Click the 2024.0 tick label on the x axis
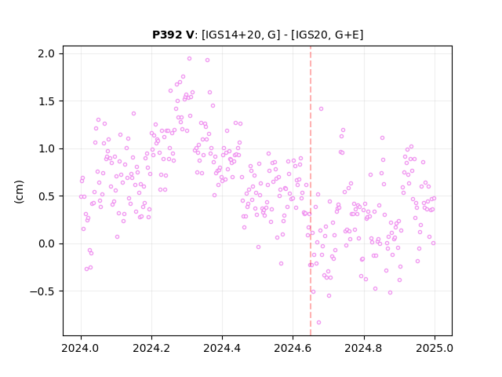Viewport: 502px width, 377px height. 81,348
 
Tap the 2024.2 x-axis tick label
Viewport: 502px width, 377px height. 151,348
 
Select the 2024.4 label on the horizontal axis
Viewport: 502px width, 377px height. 222,348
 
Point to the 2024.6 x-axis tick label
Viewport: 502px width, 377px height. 293,348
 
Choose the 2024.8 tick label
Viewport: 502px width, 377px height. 364,348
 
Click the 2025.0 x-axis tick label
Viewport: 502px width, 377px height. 435,348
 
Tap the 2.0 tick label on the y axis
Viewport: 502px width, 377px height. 46,53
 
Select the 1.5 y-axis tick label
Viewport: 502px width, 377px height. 46,101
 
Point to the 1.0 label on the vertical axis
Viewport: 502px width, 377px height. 46,148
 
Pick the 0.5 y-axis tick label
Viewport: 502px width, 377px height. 46,196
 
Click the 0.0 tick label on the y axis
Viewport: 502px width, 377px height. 46,243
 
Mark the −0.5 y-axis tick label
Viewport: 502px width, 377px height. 42,291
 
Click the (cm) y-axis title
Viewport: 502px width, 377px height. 19,192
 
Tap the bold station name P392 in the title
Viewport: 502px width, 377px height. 167,35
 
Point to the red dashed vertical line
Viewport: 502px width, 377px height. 311,191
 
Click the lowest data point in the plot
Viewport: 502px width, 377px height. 318,323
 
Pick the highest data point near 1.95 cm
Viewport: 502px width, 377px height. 189,59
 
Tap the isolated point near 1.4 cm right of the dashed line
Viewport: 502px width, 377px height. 321,109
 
